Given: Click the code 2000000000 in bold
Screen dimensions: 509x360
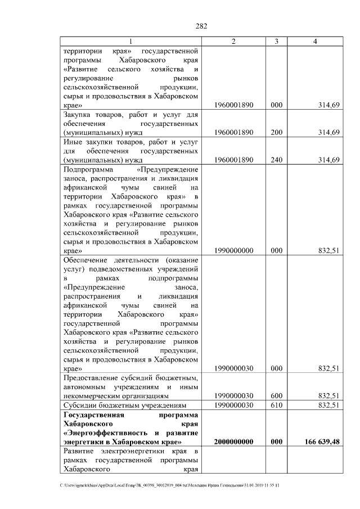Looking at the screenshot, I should [233, 442].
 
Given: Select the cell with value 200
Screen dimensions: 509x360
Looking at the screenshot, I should [276, 132].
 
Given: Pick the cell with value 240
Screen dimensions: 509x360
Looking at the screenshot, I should [276, 160].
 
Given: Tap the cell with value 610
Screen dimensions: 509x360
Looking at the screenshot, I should [276, 405].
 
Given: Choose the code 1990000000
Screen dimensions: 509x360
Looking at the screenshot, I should [233, 251].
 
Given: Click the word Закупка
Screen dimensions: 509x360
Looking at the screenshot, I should [81, 114].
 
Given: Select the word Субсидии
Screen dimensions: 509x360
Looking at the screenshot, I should [82, 405].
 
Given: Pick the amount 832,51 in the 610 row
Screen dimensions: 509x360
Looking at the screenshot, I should [328, 405].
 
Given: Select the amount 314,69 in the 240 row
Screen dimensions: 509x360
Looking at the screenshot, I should [328, 160].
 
